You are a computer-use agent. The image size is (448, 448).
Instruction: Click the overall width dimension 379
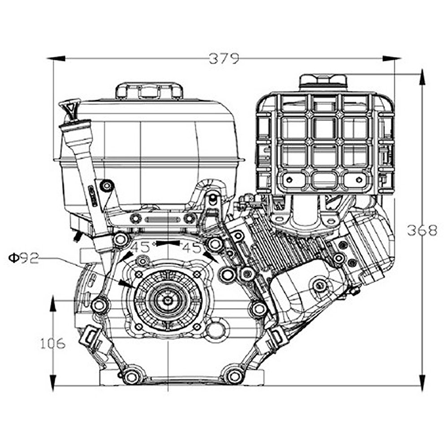224,59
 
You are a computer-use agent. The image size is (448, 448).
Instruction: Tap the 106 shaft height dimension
53,344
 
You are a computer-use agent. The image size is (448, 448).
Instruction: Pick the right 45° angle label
193,247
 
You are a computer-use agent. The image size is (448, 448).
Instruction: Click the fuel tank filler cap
149,90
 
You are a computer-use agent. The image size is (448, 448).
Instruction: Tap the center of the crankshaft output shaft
168,300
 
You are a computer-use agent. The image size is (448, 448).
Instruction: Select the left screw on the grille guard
289,180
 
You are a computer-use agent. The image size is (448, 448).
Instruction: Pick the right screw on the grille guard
358,180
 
